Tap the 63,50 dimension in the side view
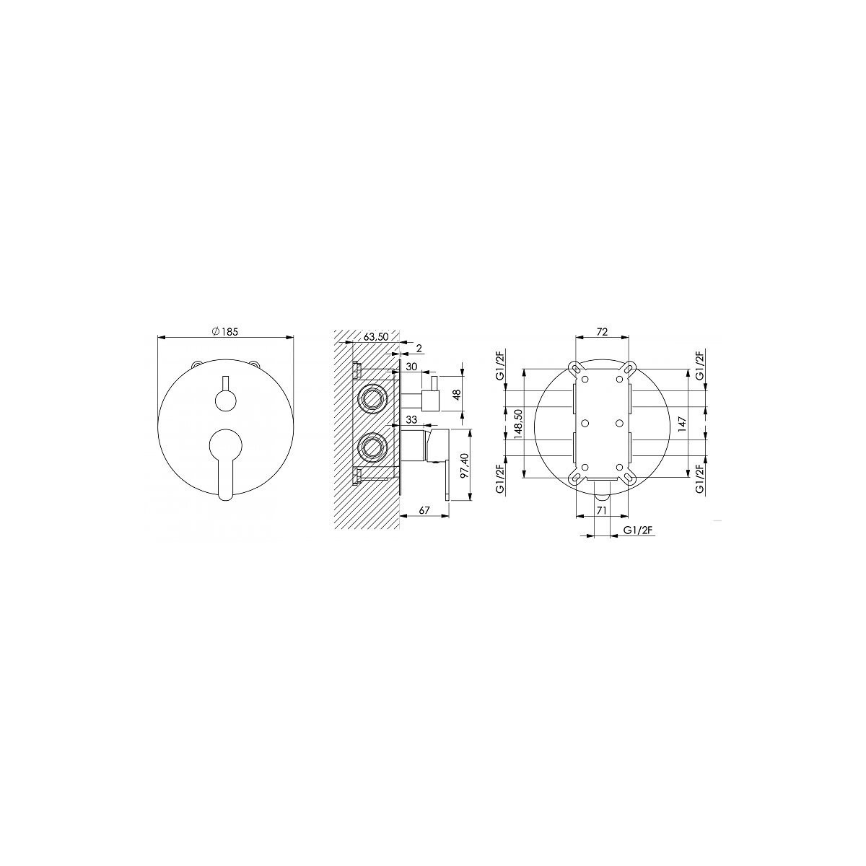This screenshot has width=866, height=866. (376, 336)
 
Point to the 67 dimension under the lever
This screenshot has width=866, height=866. (424, 510)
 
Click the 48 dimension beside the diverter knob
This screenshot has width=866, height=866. (458, 395)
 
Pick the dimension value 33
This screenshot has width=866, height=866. (411, 420)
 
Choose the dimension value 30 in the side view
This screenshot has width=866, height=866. (411, 367)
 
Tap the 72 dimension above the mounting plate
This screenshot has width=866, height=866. (603, 332)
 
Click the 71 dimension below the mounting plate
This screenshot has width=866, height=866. (602, 510)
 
